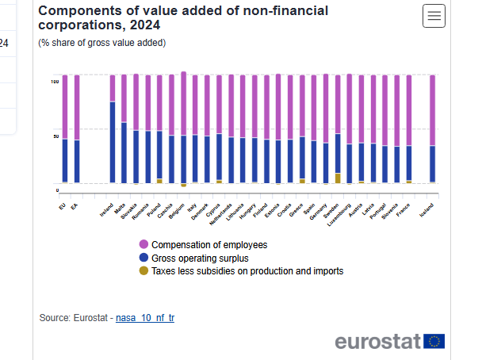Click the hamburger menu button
pos(434,16)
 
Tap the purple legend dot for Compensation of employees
pos(143,244)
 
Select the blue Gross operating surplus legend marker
pos(143,258)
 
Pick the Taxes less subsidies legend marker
pos(143,270)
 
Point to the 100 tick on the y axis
pos(55,82)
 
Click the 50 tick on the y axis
pos(55,136)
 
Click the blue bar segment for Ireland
pos(113,143)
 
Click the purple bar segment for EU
pos(65,107)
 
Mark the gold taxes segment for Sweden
pos(338,178)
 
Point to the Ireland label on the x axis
pos(106,209)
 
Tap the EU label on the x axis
pos(63,205)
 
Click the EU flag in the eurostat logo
pos(434,341)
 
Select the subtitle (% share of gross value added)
pos(102,43)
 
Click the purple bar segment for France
pos(409,110)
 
